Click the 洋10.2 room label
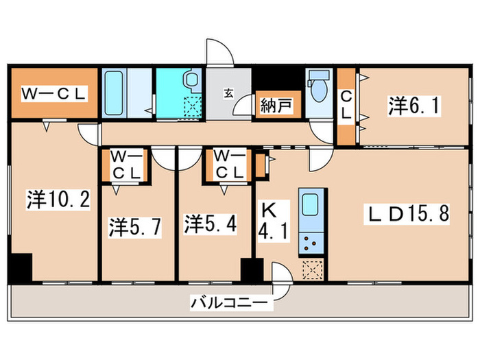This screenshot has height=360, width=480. click(58, 200)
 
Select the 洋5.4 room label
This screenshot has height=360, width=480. click(211, 224)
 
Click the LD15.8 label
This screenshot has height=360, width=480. click(406, 214)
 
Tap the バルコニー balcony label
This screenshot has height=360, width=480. click(231, 301)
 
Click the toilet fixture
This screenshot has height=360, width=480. click(318, 87)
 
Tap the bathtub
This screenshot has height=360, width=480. click(115, 94)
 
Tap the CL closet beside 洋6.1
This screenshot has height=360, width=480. click(346, 106)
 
